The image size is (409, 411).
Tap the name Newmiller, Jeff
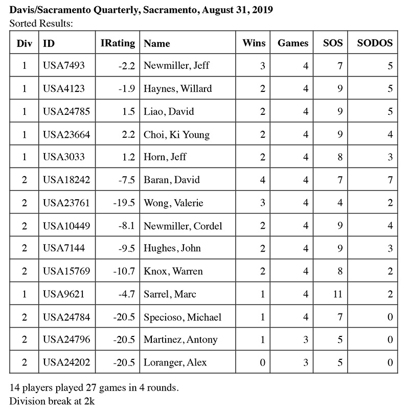176,66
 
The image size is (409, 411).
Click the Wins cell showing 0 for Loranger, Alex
263,362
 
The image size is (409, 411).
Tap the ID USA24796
67,340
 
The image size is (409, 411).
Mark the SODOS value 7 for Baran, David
390,180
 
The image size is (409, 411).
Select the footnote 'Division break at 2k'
52,401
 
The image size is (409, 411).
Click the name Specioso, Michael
183,317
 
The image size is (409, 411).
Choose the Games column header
293,43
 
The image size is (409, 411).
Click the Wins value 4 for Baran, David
263,180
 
